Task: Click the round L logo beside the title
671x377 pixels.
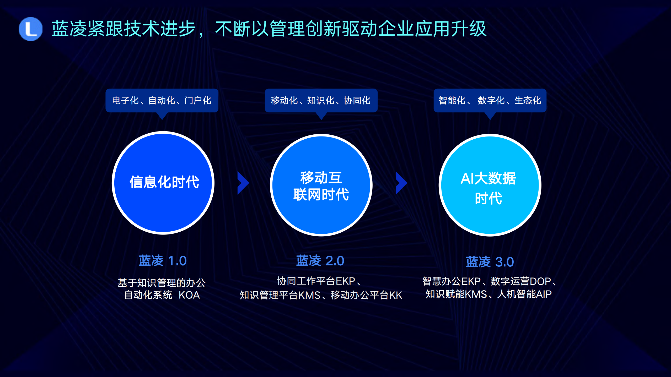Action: click(30, 29)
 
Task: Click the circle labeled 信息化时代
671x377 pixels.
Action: click(163, 183)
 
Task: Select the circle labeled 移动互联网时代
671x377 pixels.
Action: click(321, 185)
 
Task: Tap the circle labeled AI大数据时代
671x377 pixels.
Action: click(490, 185)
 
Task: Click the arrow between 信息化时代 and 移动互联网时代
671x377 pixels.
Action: click(243, 183)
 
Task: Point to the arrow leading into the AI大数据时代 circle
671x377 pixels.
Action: click(401, 183)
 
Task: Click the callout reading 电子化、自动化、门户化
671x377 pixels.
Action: click(162, 101)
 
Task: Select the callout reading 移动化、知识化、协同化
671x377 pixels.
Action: click(321, 101)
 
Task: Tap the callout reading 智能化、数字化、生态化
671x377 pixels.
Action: click(490, 101)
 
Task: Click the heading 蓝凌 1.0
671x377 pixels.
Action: click(163, 261)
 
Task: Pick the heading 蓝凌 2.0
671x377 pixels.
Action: click(320, 261)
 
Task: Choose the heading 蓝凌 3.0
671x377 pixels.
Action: click(490, 262)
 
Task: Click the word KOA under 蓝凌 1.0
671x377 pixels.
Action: click(189, 295)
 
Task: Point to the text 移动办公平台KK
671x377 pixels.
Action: click(366, 295)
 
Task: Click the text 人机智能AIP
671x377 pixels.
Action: click(524, 294)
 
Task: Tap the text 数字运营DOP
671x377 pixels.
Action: click(520, 281)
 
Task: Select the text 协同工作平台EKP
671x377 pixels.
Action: click(316, 281)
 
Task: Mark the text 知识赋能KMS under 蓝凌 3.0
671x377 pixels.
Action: click(456, 294)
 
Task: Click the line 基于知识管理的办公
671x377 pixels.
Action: click(162, 283)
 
